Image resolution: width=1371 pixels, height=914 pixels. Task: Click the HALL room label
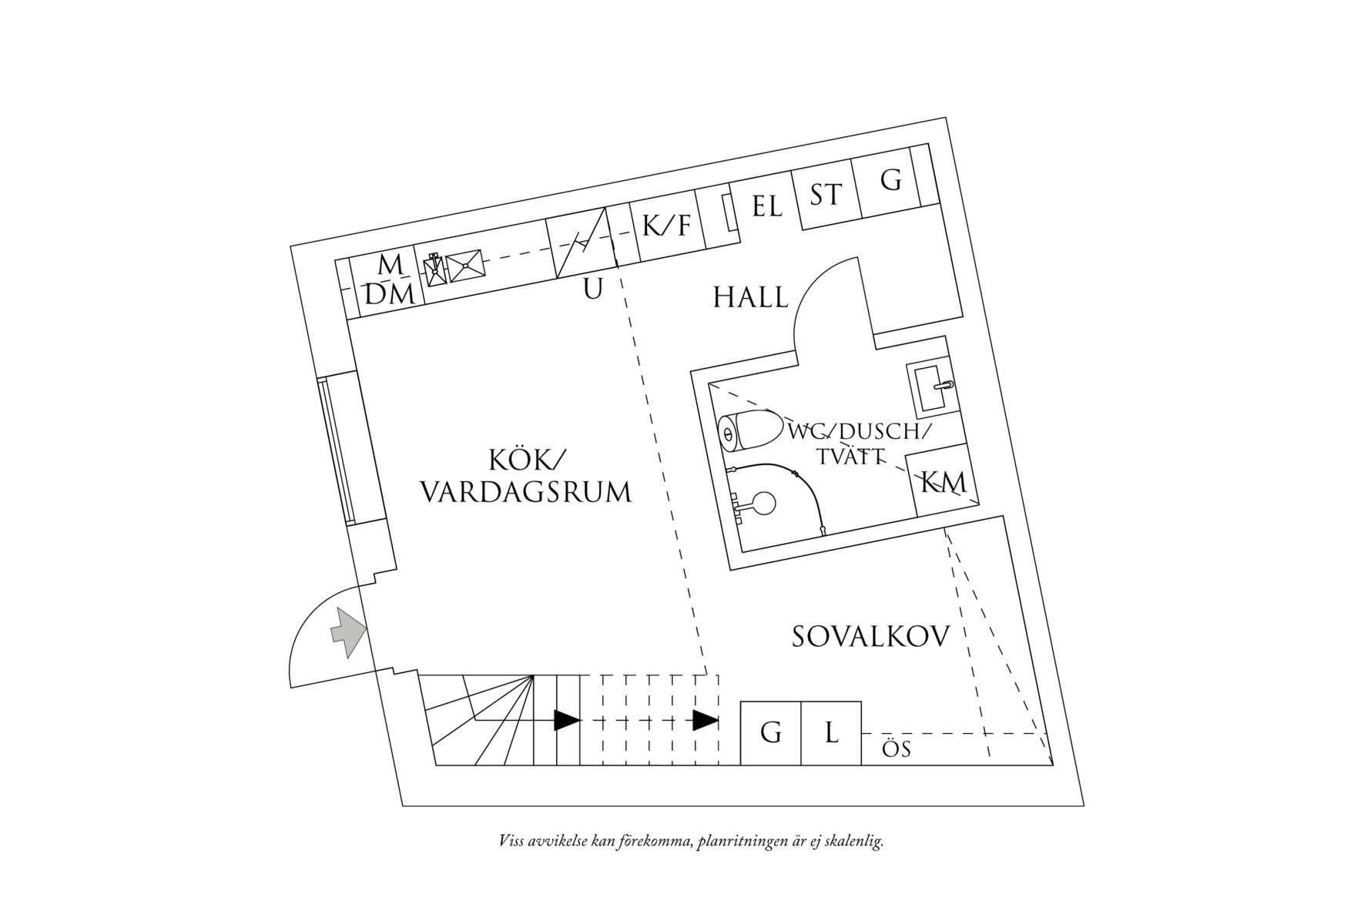point(750,297)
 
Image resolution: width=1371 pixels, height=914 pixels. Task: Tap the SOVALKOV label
point(870,638)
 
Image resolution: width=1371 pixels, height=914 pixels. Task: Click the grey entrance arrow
point(347,632)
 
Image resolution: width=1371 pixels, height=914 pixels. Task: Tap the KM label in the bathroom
point(944,483)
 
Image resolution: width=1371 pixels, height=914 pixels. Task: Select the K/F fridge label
point(667,225)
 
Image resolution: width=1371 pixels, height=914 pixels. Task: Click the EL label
point(766,206)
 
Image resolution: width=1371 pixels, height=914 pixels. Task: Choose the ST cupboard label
point(826,195)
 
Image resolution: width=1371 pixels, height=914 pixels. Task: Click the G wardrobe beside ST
point(890,181)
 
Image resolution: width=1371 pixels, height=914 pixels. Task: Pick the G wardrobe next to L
point(770,733)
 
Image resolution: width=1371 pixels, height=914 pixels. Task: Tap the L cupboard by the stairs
point(831,732)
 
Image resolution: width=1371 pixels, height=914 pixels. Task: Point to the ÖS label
point(897,749)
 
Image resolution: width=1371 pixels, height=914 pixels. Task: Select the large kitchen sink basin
point(465,266)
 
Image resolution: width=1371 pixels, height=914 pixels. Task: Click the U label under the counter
point(592,290)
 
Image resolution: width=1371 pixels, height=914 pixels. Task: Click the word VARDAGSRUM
point(525,492)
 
